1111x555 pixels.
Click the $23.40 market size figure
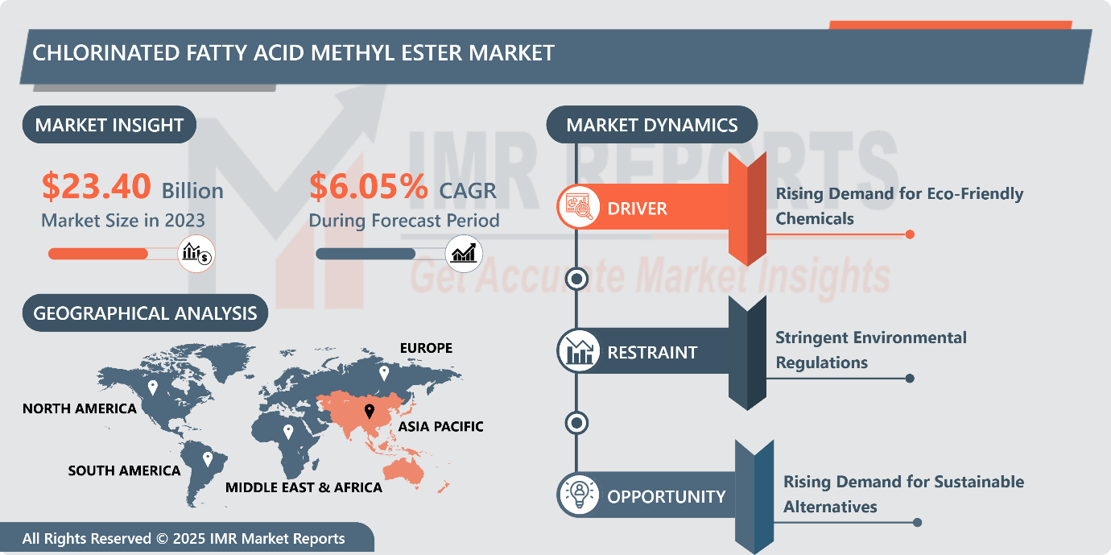pyautogui.click(x=96, y=187)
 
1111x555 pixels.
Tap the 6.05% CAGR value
pyautogui.click(x=369, y=187)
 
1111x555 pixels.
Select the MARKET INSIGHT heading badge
pyautogui.click(x=109, y=125)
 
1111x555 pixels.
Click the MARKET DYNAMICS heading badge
pyautogui.click(x=651, y=125)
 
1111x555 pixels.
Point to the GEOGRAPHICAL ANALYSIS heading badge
pyautogui.click(x=145, y=313)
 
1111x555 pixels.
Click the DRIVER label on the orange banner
pyautogui.click(x=637, y=209)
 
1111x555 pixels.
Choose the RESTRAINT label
pyautogui.click(x=652, y=353)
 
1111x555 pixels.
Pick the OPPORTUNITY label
pyautogui.click(x=666, y=496)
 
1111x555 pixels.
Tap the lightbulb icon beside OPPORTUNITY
pyautogui.click(x=578, y=495)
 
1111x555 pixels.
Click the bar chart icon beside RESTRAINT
pyautogui.click(x=578, y=352)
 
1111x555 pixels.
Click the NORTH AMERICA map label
pyautogui.click(x=79, y=408)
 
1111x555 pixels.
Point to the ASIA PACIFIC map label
pyautogui.click(x=441, y=426)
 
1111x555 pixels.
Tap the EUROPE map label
pyautogui.click(x=426, y=348)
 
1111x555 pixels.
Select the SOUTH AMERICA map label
pyautogui.click(x=124, y=470)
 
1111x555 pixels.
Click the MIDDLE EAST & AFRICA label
pyautogui.click(x=304, y=487)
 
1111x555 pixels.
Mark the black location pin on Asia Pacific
pyautogui.click(x=370, y=412)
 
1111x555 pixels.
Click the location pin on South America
pyautogui.click(x=208, y=458)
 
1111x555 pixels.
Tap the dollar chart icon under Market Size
pyautogui.click(x=196, y=254)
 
